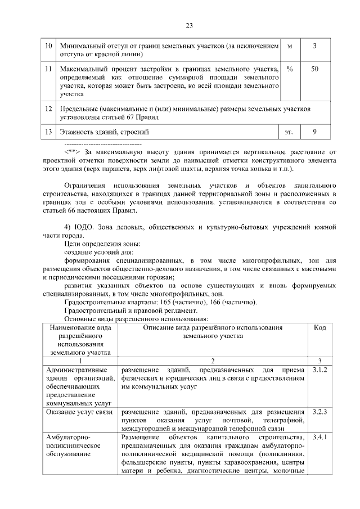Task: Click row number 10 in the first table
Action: pyautogui.click(x=48, y=44)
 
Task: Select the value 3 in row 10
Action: pyautogui.click(x=315, y=44)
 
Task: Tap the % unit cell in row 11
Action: pyautogui.click(x=289, y=68)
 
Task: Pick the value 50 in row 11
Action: pyautogui.click(x=315, y=68)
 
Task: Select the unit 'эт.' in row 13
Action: pyautogui.click(x=289, y=133)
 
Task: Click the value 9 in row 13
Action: pyautogui.click(x=315, y=132)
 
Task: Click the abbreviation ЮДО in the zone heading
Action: pyautogui.click(x=85, y=227)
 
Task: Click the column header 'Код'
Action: pyautogui.click(x=319, y=328)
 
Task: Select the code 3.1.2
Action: pyautogui.click(x=319, y=370)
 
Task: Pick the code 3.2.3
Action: pyautogui.click(x=319, y=412)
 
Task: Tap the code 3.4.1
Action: pyautogui.click(x=319, y=437)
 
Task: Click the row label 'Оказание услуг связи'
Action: pyautogui.click(x=79, y=412)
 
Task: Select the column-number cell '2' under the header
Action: pyautogui.click(x=213, y=361)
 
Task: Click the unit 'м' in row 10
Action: pyautogui.click(x=289, y=44)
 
